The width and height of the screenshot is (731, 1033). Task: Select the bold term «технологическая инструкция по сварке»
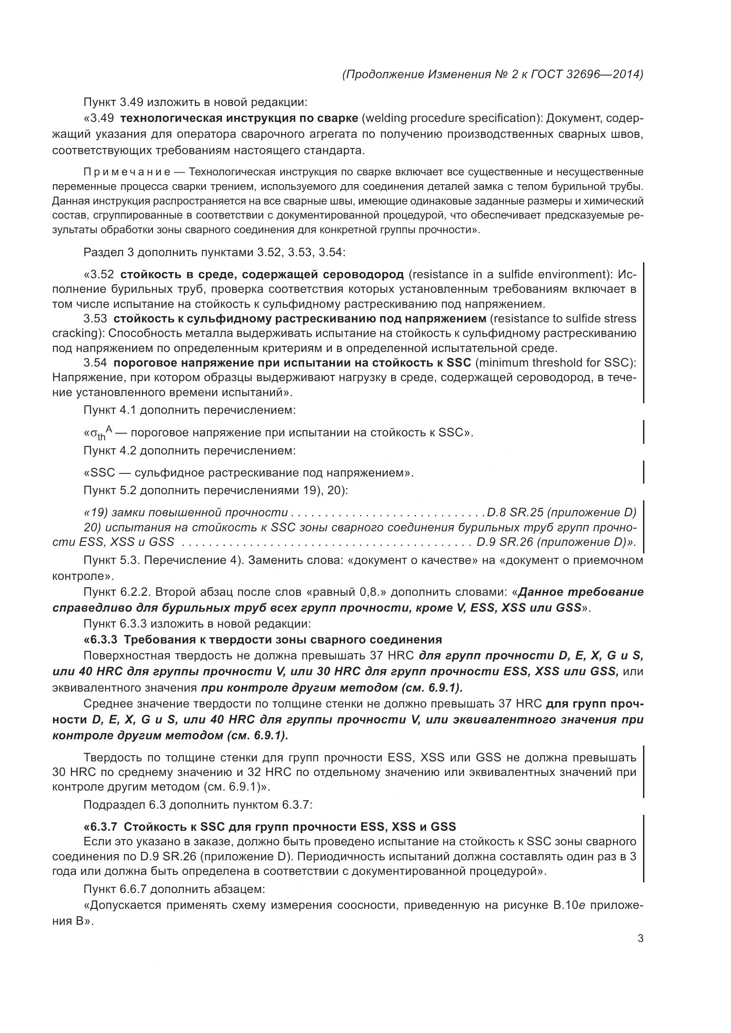[x=240, y=118]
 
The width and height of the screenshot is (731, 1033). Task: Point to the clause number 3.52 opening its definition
[x=102, y=274]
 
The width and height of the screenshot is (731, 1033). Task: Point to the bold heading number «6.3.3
[x=102, y=639]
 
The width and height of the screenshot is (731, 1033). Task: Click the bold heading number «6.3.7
[x=102, y=826]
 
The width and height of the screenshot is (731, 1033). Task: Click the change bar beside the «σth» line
[x=643, y=432]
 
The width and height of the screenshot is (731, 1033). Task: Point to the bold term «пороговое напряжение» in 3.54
[x=176, y=363]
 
